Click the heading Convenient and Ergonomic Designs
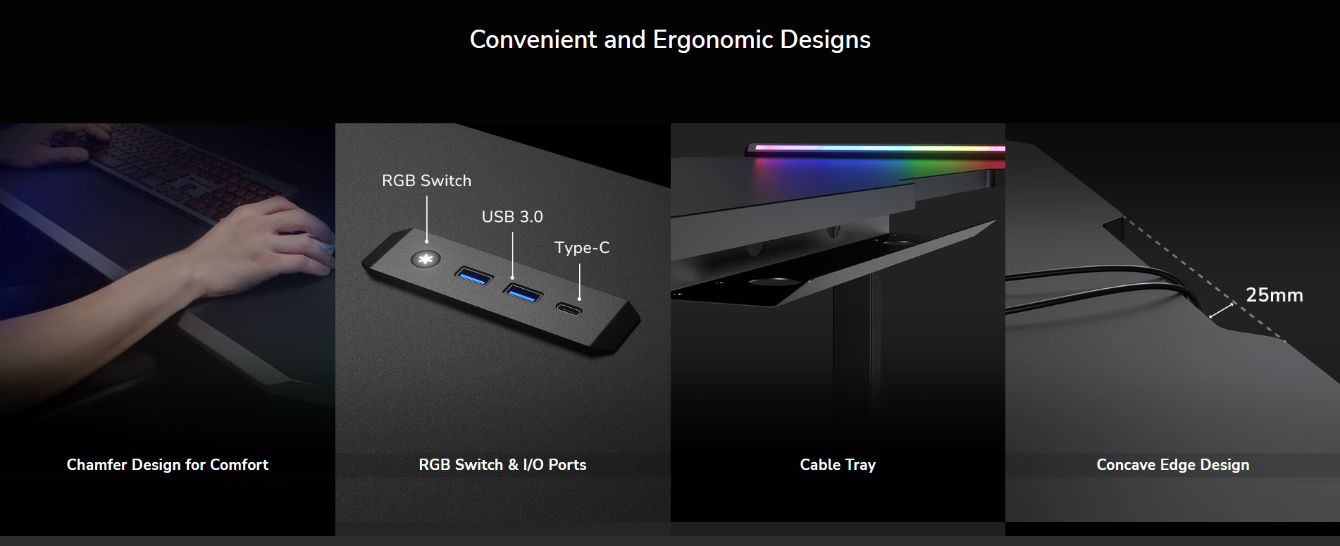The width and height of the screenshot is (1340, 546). (670, 39)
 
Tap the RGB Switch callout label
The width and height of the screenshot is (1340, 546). (426, 180)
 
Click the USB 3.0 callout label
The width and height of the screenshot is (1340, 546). (512, 216)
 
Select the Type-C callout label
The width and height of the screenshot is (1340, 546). (582, 247)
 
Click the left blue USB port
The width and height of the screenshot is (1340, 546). (473, 275)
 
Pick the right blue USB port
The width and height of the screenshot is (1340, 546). (523, 292)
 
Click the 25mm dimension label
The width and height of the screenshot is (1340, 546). (1274, 294)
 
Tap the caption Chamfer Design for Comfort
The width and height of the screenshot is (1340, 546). (168, 464)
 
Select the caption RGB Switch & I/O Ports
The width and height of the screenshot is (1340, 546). (502, 464)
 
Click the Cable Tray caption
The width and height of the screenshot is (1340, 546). (838, 464)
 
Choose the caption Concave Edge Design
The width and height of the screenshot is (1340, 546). (1173, 464)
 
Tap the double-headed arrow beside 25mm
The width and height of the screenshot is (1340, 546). (1222, 311)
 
